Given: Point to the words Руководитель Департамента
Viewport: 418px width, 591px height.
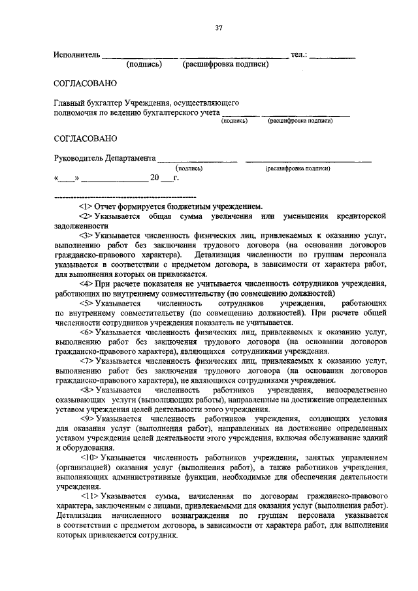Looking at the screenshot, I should [104, 158].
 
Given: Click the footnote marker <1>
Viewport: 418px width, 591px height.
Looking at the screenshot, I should [86, 206].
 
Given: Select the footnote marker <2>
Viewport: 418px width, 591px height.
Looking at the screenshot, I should [86, 216].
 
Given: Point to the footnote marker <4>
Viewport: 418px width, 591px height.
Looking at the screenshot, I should [86, 283].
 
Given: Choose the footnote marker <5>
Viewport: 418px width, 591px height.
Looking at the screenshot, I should [86, 304].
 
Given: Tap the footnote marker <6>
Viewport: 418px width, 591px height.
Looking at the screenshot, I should [86, 332].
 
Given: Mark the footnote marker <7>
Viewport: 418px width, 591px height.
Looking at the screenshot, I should [86, 360].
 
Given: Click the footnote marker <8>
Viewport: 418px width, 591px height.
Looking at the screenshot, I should [86, 389].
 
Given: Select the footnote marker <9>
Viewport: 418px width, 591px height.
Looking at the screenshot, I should [86, 418].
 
